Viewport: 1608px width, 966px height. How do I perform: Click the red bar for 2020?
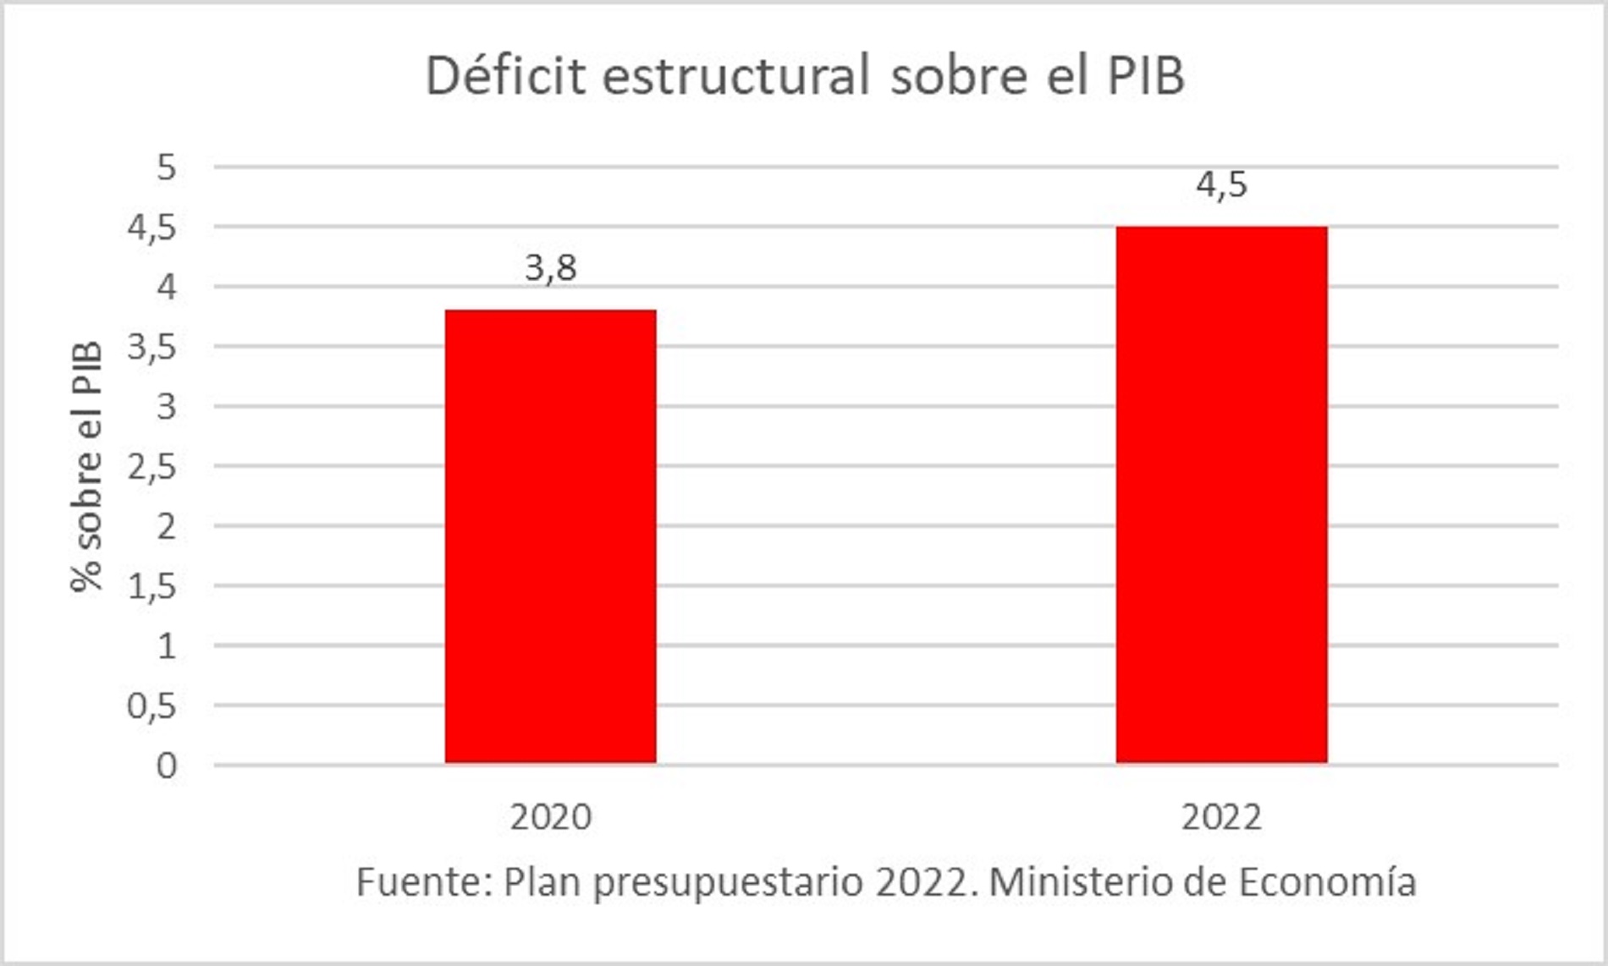551,536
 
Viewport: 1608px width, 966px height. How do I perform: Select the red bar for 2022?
1221,495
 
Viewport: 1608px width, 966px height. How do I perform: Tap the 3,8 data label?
551,268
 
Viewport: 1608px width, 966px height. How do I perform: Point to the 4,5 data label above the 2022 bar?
1221,184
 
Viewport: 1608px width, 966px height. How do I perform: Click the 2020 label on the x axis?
551,817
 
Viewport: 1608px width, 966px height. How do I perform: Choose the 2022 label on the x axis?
1221,817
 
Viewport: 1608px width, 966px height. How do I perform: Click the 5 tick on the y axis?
167,167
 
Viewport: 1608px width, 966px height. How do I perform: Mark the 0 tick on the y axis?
167,766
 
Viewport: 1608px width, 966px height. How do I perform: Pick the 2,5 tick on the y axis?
152,467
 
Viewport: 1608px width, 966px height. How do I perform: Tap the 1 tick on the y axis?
167,646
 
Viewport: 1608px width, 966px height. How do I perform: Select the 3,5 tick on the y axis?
152,347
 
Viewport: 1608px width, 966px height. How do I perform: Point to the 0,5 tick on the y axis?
152,706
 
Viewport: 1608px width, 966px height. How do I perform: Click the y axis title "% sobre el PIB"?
86,466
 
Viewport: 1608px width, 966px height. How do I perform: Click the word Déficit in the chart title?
505,76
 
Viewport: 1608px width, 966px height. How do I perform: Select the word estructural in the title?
736,76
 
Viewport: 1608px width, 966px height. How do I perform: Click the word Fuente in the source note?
424,882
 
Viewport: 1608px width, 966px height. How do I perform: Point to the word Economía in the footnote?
1328,882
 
